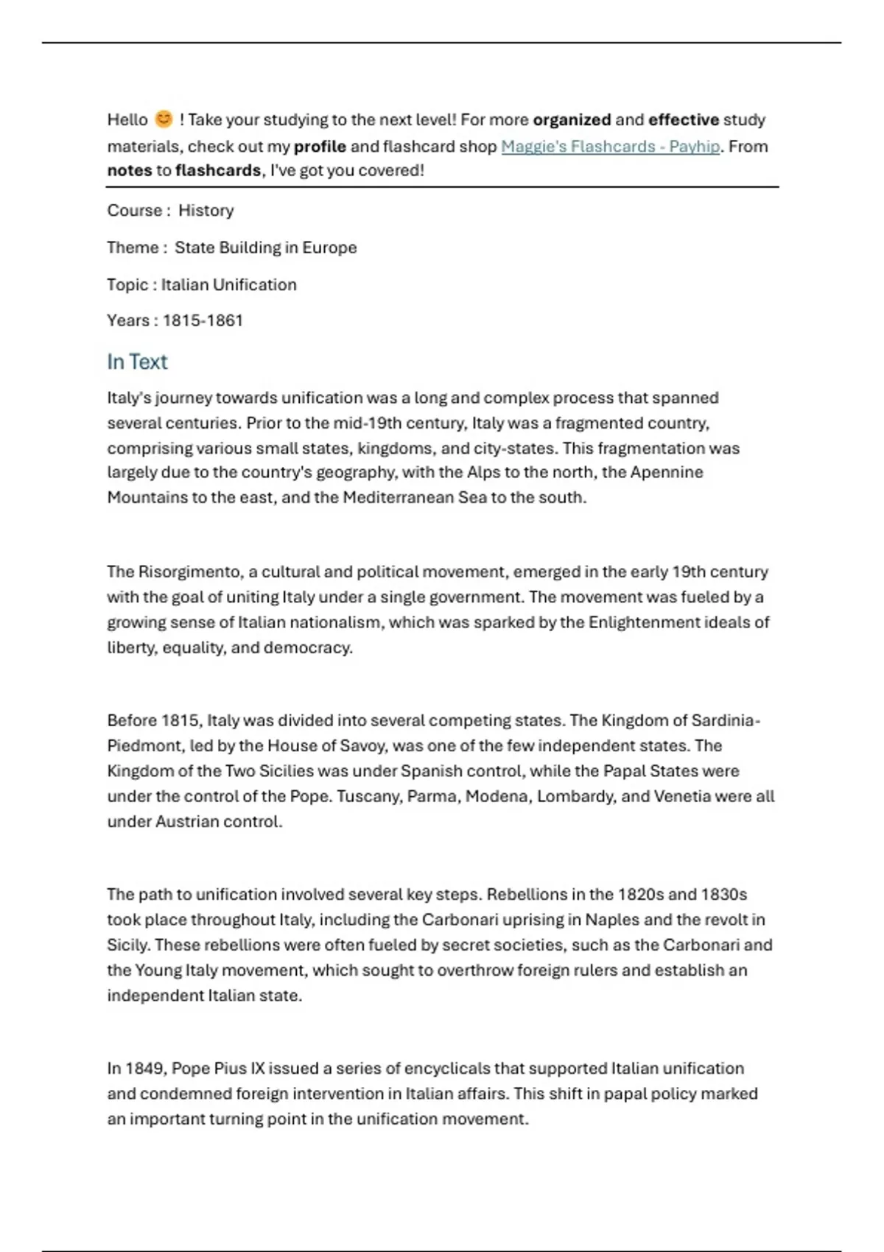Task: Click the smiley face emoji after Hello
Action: point(164,119)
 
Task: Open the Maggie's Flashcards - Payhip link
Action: point(610,146)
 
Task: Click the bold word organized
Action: point(572,119)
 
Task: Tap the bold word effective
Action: point(683,119)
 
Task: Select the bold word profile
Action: point(320,146)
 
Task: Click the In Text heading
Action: point(137,362)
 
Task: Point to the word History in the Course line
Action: point(206,211)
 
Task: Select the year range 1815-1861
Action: point(203,320)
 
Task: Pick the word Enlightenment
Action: point(643,622)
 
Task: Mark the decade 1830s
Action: point(723,894)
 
